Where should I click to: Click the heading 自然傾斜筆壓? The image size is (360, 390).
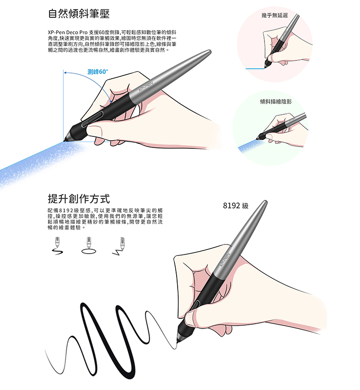[79, 13]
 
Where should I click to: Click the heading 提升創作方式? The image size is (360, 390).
[79, 199]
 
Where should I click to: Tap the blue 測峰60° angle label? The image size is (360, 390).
[98, 72]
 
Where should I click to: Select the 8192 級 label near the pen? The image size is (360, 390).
[236, 206]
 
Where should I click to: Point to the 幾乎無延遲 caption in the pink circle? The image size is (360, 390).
[275, 15]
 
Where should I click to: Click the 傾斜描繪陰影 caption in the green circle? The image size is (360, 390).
[276, 101]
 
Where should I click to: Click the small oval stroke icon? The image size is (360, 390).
[89, 251]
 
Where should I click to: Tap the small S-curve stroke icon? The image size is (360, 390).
[58, 252]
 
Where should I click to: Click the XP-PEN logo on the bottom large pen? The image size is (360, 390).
[225, 260]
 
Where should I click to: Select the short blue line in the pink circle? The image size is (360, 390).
[255, 68]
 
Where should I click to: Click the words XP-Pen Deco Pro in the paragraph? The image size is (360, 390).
[68, 32]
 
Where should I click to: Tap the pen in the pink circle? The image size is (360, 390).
[282, 41]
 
